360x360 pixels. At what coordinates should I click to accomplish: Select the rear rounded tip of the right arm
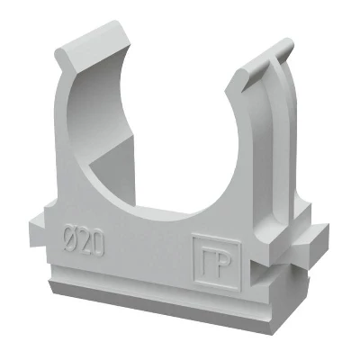pos(284,48)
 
